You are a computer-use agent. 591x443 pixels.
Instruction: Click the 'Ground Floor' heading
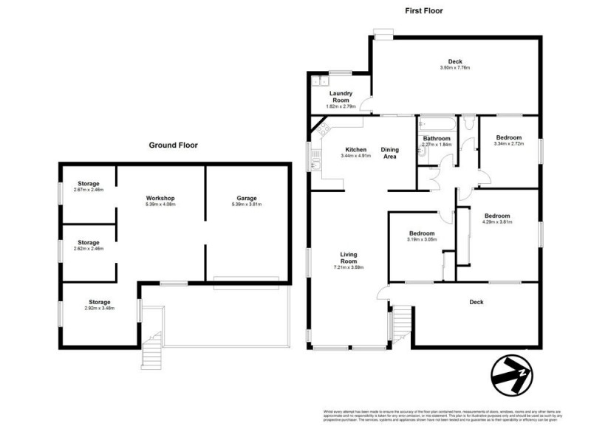pyautogui.click(x=173, y=145)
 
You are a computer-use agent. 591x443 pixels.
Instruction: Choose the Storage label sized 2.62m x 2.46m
pyautogui.click(x=89, y=246)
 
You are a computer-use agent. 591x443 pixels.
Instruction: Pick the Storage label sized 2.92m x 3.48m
pyautogui.click(x=100, y=306)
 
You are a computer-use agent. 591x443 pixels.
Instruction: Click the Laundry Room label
pyautogui.click(x=341, y=100)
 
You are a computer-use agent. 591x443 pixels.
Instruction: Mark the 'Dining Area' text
pyautogui.click(x=389, y=153)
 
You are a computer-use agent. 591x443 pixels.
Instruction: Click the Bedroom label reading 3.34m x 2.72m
pyautogui.click(x=508, y=141)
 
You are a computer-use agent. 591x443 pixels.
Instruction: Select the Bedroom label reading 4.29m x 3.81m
pyautogui.click(x=496, y=219)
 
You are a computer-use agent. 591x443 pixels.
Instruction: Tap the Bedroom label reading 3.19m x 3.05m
pyautogui.click(x=420, y=236)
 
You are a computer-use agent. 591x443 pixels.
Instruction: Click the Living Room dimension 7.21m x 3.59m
pyautogui.click(x=349, y=267)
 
